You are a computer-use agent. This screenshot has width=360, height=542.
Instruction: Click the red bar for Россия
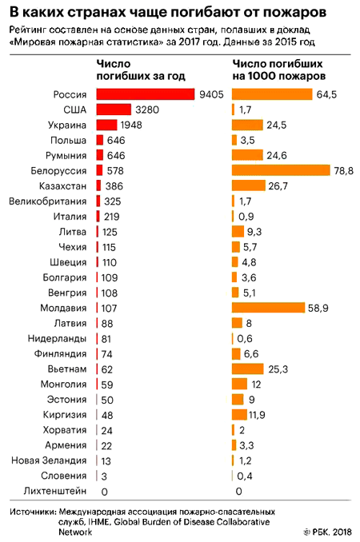click(145, 94)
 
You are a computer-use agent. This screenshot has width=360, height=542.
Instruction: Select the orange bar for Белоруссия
click(280, 170)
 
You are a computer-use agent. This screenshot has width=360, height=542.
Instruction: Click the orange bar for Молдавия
click(268, 308)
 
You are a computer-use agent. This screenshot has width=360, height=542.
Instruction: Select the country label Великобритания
click(49, 201)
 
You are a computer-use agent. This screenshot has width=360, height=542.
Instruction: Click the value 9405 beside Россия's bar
click(211, 94)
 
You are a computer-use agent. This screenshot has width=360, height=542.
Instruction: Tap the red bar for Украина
click(106, 125)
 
